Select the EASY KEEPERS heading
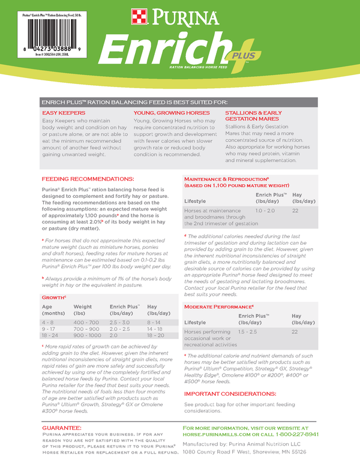(63, 113)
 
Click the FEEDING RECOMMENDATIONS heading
(88, 179)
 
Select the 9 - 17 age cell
(49, 329)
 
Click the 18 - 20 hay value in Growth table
(155, 336)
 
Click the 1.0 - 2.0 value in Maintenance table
(265, 211)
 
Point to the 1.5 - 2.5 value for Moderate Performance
(247, 331)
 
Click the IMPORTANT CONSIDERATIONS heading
(230, 393)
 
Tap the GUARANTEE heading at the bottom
(66, 427)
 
